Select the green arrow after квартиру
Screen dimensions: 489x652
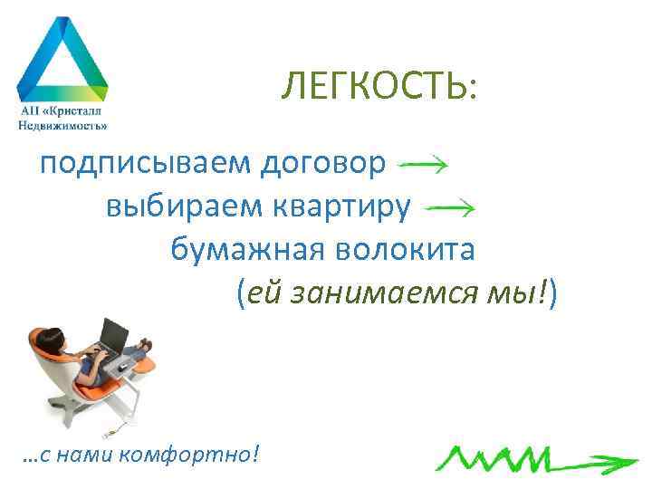click(451, 206)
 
